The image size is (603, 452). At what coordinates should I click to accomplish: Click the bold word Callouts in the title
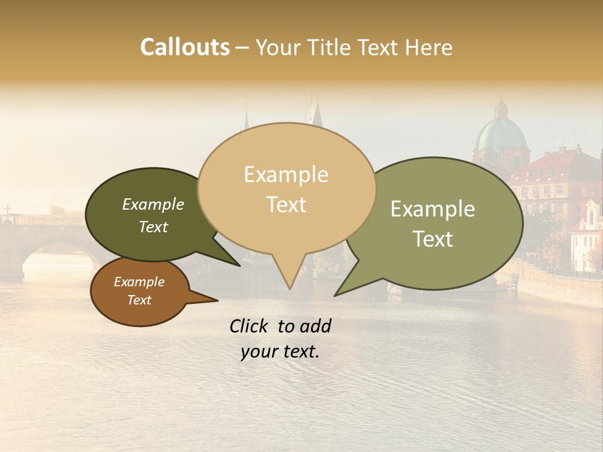coord(185,47)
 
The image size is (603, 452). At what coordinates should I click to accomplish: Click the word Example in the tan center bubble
coord(286,175)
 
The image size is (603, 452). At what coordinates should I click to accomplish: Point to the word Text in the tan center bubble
coord(286,205)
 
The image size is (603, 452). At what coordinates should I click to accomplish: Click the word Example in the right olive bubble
coord(433,209)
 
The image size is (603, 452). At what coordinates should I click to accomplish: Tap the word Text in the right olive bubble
coord(433,239)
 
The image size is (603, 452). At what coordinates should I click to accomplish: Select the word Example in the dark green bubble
coord(153,204)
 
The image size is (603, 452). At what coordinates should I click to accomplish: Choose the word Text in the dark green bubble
coord(153,227)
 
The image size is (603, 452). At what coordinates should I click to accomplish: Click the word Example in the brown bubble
coord(139,282)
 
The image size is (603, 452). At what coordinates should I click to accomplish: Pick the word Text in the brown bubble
coord(139,300)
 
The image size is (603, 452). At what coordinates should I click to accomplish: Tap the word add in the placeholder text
coord(315,326)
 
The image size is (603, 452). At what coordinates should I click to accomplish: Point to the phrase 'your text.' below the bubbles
coord(280,352)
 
